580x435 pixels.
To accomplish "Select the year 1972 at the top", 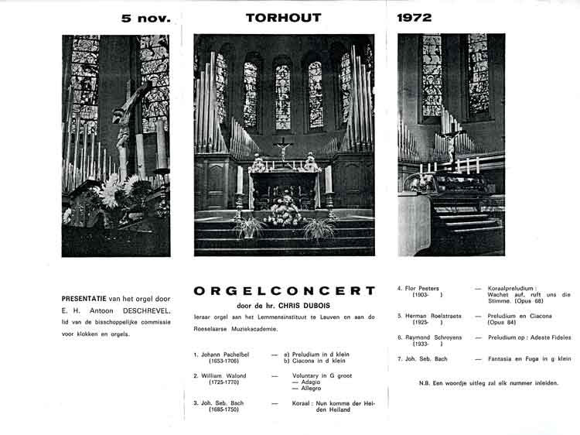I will click(415, 16).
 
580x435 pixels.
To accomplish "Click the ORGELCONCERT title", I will click(284, 291).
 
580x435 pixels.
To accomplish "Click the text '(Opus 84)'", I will click(503, 323).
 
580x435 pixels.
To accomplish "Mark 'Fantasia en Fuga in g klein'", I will click(529, 359).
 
